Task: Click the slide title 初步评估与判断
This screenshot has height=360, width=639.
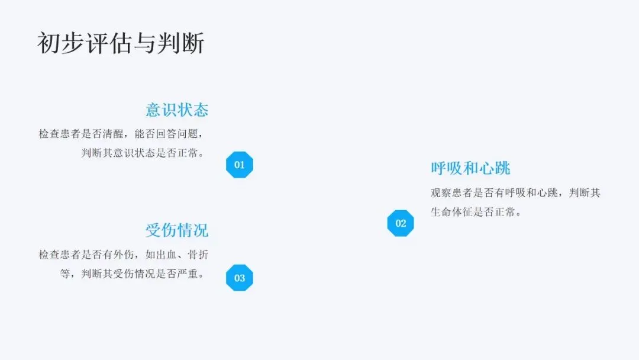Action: tap(121, 44)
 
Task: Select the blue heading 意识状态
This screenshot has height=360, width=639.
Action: tap(177, 110)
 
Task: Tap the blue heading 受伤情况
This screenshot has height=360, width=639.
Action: tap(177, 230)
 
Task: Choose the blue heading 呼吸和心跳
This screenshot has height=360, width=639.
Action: tap(470, 168)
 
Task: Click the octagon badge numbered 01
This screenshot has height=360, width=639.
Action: tap(240, 165)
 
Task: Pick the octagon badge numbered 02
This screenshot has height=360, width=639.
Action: tap(401, 223)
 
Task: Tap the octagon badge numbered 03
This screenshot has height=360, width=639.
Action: tap(240, 278)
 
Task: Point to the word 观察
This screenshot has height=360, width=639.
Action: tap(441, 193)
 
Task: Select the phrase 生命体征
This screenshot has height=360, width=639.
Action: tap(452, 212)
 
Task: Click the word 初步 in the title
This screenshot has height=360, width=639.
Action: tap(60, 44)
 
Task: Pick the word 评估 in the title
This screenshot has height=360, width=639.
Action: tap(109, 44)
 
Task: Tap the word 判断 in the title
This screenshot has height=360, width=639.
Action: tap(180, 44)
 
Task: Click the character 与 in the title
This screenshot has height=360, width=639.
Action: tap(144, 44)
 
